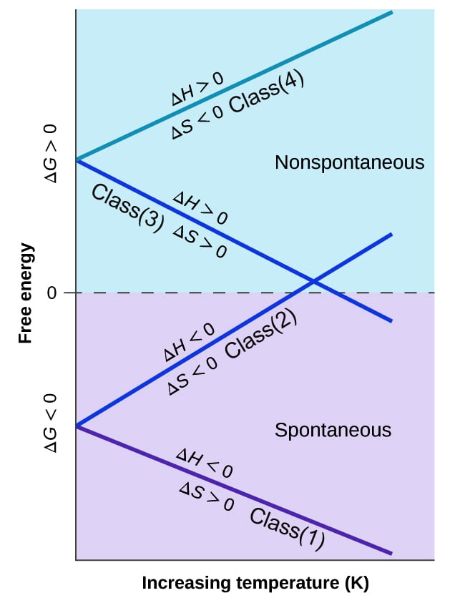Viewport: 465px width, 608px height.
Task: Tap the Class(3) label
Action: [x=127, y=207]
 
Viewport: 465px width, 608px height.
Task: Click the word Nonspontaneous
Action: [x=349, y=163]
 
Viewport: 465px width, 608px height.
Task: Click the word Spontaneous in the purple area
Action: [x=333, y=431]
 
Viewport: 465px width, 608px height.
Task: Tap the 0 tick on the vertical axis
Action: [x=51, y=293]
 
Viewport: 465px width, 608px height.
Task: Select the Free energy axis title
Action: [x=26, y=293]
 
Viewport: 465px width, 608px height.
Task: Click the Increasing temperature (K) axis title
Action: [x=255, y=583]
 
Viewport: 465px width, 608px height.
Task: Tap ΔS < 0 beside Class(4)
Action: [x=197, y=122]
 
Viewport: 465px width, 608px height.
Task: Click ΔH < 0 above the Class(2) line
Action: [x=189, y=343]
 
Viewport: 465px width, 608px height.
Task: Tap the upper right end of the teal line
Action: [x=391, y=12]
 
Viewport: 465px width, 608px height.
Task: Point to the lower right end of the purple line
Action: [x=391, y=553]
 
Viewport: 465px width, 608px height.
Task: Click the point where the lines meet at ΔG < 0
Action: [x=76, y=426]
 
